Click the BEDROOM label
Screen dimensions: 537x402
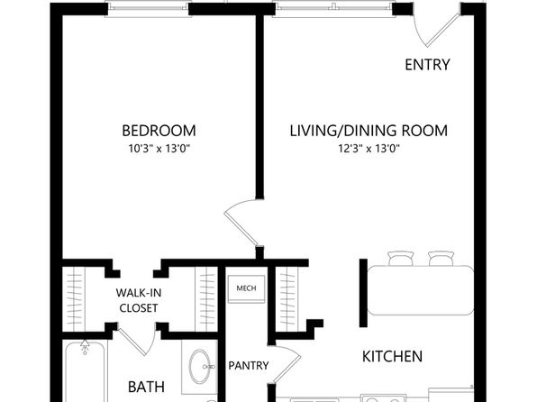click(159, 131)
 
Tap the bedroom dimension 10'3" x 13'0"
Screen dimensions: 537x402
click(159, 149)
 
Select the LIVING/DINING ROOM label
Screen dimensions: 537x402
click(369, 131)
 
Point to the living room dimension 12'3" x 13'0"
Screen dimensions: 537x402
click(369, 149)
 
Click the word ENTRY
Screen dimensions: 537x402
click(427, 65)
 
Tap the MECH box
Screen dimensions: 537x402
click(246, 288)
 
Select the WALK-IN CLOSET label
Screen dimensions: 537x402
click(139, 300)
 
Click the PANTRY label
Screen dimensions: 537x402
click(249, 365)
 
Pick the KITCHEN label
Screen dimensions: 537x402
click(393, 356)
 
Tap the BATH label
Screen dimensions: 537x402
click(146, 387)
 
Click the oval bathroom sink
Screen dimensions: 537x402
click(200, 366)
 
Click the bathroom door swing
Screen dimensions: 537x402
click(137, 341)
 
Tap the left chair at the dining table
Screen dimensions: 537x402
click(401, 259)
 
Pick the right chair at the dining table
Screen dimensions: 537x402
click(441, 259)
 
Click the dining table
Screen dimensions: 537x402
click(421, 290)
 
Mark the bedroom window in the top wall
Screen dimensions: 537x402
click(148, 9)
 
